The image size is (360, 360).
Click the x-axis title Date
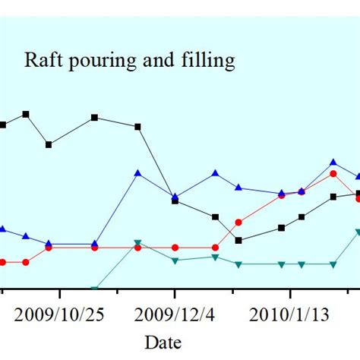163,342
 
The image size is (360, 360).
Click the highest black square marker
26,114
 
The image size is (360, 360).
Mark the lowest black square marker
238,240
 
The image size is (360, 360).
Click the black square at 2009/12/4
175,201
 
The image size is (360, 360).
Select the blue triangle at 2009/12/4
175,197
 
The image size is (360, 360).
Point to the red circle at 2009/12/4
175,248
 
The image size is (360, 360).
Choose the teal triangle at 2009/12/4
175,261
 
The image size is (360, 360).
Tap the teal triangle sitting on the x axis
95,289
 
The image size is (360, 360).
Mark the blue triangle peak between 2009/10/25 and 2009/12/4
137,173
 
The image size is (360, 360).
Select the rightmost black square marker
358,194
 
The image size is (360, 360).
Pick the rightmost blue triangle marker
358,175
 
